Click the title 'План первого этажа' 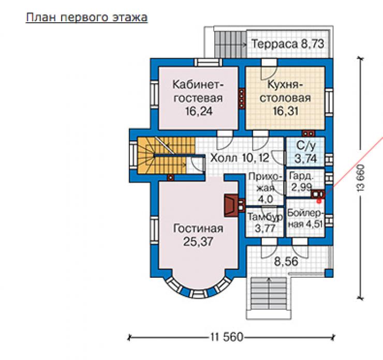(x=87, y=18)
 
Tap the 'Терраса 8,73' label (x=288, y=44)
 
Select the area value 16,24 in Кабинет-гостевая (x=199, y=111)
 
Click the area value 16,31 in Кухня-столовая (x=285, y=111)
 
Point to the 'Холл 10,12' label (x=240, y=158)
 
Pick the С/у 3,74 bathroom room (x=305, y=152)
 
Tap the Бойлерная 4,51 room (x=305, y=218)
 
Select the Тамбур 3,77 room (x=264, y=222)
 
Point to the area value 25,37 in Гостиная (x=198, y=242)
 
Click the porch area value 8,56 (x=286, y=262)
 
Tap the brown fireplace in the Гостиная (x=231, y=205)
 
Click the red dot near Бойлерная (x=319, y=201)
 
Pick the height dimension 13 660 (x=361, y=178)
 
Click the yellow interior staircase (x=166, y=156)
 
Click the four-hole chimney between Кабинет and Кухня (x=242, y=98)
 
